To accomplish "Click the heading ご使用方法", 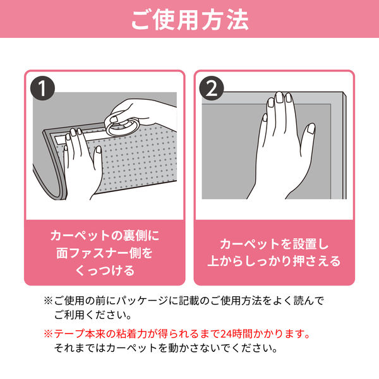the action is pyautogui.click(x=189, y=20).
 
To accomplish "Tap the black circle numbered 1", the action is pyautogui.click(x=42, y=88).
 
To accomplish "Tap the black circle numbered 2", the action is pyautogui.click(x=212, y=88).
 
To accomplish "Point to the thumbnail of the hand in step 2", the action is pyautogui.click(x=311, y=128).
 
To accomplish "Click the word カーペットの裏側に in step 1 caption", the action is pyautogui.click(x=105, y=236).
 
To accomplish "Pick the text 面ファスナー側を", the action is pyautogui.click(x=105, y=253).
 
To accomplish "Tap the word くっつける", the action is pyautogui.click(x=105, y=270).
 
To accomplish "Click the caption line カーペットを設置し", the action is pyautogui.click(x=274, y=244).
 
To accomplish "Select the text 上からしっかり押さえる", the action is pyautogui.click(x=274, y=262).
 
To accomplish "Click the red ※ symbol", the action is pyautogui.click(x=48, y=334).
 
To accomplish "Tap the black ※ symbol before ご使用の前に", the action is pyautogui.click(x=48, y=301).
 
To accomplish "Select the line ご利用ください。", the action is pyautogui.click(x=93, y=315).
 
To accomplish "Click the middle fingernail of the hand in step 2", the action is pyautogui.click(x=279, y=97).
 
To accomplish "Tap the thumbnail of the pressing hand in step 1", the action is pyautogui.click(x=99, y=149).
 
